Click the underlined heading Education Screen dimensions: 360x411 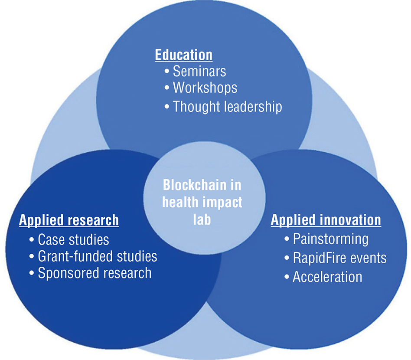(184, 55)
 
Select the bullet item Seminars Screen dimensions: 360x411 (199, 71)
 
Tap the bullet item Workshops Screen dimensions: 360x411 (205, 88)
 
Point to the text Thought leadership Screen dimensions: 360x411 (227, 106)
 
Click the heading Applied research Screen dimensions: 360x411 (68, 220)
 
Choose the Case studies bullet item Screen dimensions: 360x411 (73, 239)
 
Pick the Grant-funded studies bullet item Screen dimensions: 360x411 (97, 256)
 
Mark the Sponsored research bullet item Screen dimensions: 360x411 (95, 273)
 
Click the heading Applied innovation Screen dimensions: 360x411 (326, 220)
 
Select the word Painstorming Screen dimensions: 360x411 (330, 239)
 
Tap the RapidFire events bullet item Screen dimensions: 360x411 (339, 258)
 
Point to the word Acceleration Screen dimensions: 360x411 (327, 277)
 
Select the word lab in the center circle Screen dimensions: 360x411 (202, 219)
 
